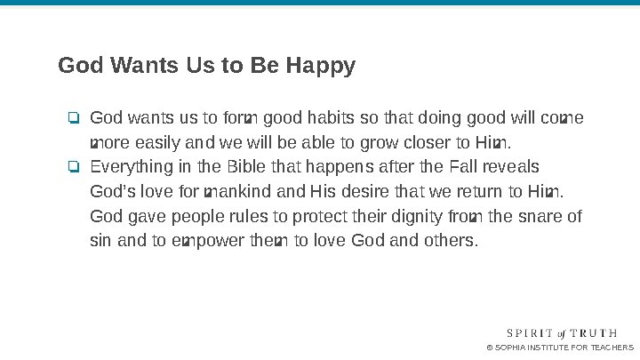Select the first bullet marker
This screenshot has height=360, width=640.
pos(74,118)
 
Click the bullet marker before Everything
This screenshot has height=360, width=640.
pos(74,167)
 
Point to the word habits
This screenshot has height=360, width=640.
pos(332,118)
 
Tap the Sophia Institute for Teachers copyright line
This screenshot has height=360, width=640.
pos(560,348)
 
